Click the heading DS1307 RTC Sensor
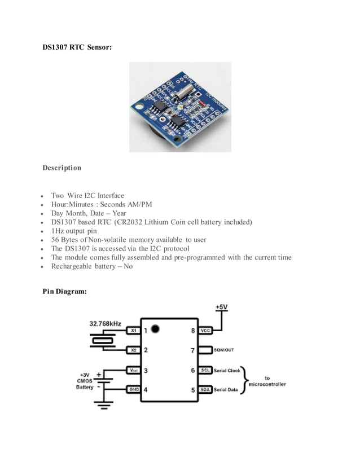point(77,48)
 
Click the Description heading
point(62,168)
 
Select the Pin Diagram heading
point(65,291)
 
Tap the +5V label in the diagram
point(222,306)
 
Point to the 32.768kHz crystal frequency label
point(105,324)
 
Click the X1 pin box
point(133,330)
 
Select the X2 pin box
point(133,350)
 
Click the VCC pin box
point(205,330)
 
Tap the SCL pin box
point(205,370)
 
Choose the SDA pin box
point(205,390)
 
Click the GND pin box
point(133,390)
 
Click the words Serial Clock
point(227,370)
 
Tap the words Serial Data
point(226,390)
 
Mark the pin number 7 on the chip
point(192,350)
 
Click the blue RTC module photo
point(180,107)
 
